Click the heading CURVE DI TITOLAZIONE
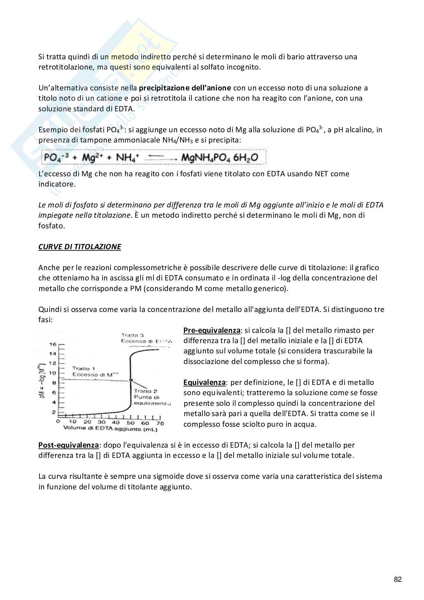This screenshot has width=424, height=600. click(x=79, y=247)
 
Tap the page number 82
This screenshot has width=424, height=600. click(x=397, y=579)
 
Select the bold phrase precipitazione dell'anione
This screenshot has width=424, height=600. click(x=185, y=88)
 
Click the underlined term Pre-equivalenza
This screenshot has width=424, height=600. click(x=212, y=330)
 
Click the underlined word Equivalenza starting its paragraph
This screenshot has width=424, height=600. click(x=204, y=383)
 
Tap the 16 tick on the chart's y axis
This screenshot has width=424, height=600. click(x=53, y=345)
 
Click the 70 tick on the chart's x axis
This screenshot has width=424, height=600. click(x=160, y=422)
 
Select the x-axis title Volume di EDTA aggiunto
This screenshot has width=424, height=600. click(x=106, y=429)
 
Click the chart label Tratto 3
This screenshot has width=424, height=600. click(x=132, y=335)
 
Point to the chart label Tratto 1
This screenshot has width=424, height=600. click(x=84, y=369)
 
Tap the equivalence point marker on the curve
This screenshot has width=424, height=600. click(x=131, y=379)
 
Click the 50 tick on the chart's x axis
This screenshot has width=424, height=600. click(x=131, y=422)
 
